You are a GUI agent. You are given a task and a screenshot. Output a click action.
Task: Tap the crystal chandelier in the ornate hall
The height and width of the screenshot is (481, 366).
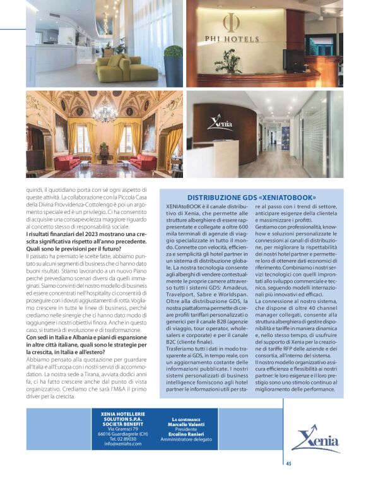coord(105,114)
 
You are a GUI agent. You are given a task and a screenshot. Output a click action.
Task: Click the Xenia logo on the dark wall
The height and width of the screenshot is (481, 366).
coord(220,122)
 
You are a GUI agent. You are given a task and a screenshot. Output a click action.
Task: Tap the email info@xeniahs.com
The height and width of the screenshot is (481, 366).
coord(124,444)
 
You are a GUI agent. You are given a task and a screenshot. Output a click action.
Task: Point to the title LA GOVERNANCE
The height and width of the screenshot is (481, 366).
coord(186,419)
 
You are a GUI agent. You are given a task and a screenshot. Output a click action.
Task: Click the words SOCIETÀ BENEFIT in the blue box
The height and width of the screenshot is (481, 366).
coord(124,424)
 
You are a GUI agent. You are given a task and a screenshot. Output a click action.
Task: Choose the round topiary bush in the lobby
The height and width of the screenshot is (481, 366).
coord(173,52)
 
